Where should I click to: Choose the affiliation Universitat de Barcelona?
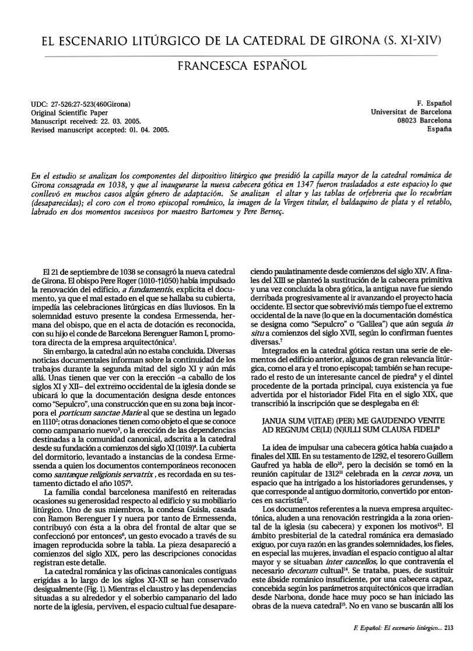pyautogui.click(x=412, y=112)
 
